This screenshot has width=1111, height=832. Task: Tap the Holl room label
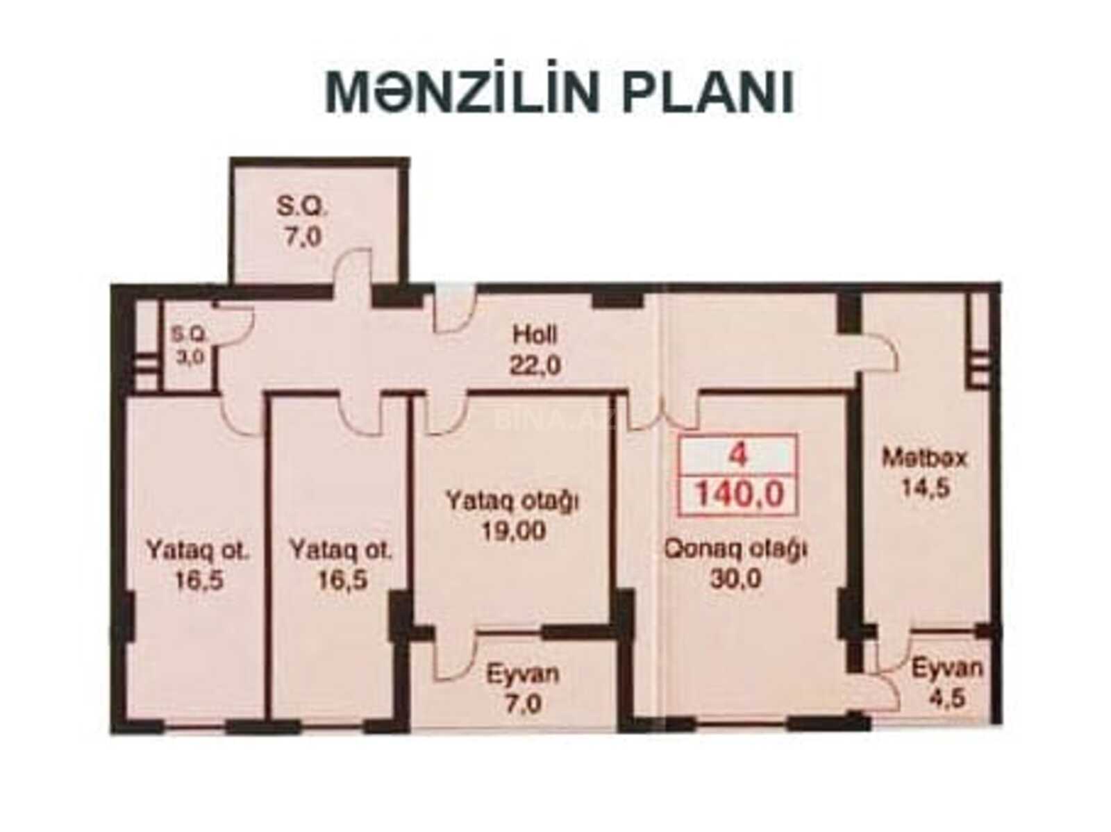[x=535, y=335]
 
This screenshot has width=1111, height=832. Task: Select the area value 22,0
[x=535, y=365]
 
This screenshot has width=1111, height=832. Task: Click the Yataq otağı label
[x=512, y=501]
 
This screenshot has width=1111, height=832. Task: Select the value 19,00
[x=513, y=531]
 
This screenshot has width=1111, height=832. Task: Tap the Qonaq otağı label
[x=735, y=549]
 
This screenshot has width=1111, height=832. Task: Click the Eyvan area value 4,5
[x=946, y=698]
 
